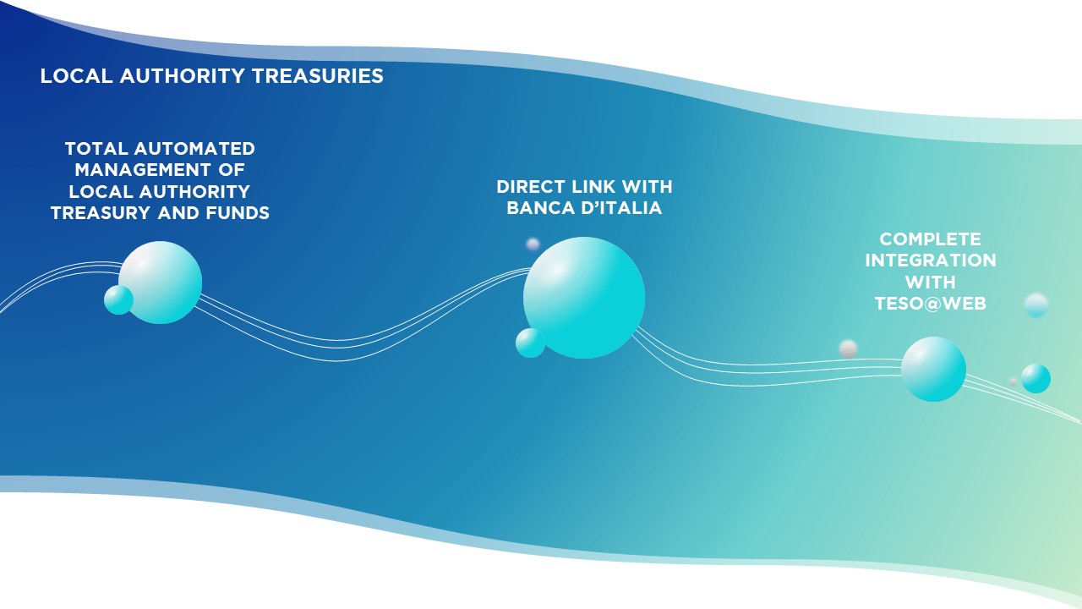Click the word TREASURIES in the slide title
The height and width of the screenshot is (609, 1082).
click(x=317, y=76)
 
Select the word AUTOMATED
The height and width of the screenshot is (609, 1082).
click(x=194, y=148)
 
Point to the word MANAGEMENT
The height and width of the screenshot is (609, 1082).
click(x=143, y=170)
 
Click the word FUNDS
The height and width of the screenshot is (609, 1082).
click(x=238, y=212)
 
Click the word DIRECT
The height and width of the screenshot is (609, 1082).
click(x=531, y=187)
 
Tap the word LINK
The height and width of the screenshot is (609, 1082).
click(x=593, y=187)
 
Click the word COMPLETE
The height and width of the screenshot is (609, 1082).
click(x=931, y=239)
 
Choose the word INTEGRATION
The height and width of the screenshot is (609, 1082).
click(x=931, y=260)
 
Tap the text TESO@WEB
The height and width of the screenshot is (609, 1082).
click(x=931, y=303)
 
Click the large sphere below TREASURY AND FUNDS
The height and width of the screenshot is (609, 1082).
click(x=161, y=283)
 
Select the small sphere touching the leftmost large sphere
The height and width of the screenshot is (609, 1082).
click(x=119, y=299)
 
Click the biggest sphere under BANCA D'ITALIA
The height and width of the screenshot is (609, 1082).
click(x=584, y=298)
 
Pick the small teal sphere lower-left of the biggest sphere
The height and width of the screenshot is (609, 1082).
click(x=530, y=343)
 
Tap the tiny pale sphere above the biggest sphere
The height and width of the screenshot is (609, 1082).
click(x=533, y=244)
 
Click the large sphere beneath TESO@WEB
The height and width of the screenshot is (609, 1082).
click(x=934, y=369)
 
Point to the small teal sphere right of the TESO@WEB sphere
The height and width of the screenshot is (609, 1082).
click(x=1036, y=378)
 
